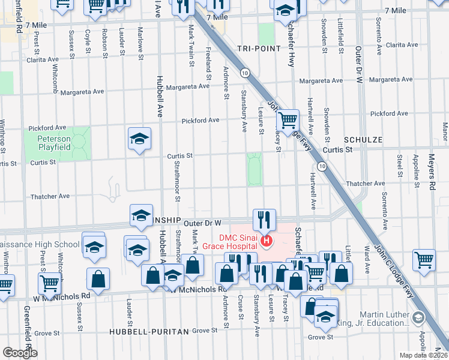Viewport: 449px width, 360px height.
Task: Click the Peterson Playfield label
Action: click(55, 143)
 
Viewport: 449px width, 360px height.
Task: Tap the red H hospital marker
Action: click(267, 242)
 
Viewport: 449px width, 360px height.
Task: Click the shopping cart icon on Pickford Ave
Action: click(288, 119)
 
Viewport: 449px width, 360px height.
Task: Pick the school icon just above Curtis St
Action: click(139, 140)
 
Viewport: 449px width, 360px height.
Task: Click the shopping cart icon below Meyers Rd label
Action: click(424, 260)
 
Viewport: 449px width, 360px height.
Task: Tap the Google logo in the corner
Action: click(20, 353)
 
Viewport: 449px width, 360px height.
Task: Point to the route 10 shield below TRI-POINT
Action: click(245, 73)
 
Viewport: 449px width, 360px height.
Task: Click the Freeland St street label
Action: click(209, 64)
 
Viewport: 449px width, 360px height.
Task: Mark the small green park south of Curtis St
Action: click(255, 169)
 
